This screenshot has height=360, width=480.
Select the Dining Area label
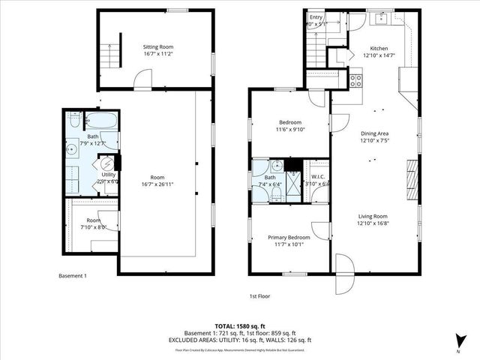(373, 133)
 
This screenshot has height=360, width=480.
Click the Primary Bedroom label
(289, 237)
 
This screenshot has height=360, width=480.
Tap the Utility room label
(109, 174)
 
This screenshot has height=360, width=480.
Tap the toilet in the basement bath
(75, 120)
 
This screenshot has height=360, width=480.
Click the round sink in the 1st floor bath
(276, 166)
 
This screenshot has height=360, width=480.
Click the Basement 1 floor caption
(73, 276)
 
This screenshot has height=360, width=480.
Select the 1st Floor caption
(260, 297)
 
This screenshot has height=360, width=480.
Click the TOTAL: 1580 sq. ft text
(240, 325)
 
